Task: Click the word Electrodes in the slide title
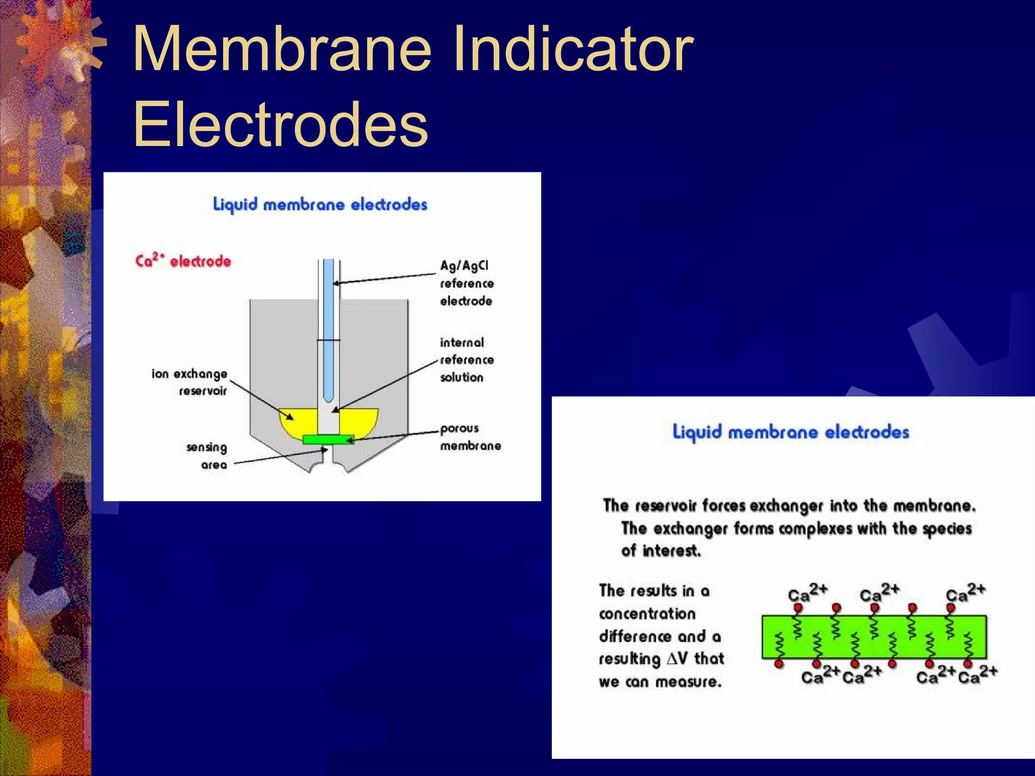coord(280,124)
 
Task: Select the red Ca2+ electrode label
coord(183,261)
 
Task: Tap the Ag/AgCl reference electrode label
coord(466,283)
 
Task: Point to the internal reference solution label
coord(466,360)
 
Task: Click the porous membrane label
coord(470,437)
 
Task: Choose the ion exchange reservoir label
coord(190,382)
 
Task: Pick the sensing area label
coord(207,456)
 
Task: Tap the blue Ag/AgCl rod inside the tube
coord(328,323)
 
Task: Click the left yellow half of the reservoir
coord(298,422)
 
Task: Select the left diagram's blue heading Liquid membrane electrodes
coord(320,205)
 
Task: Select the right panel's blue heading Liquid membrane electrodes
coord(790,432)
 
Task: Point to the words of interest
coord(661,550)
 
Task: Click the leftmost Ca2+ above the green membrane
coord(807,593)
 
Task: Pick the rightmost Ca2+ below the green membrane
coord(977,674)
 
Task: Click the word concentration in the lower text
coord(647,614)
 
